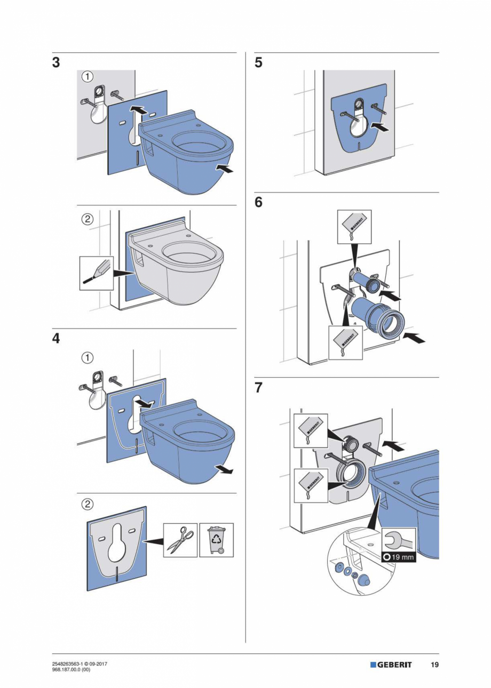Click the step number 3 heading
click(x=56, y=63)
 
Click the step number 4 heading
click(x=56, y=339)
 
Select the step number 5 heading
click(x=258, y=63)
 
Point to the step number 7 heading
click(x=258, y=388)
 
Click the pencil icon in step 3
click(x=96, y=273)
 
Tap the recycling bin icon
click(x=216, y=540)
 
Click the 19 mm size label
click(x=399, y=557)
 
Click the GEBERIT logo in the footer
click(x=391, y=665)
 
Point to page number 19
click(x=434, y=665)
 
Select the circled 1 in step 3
click(x=88, y=76)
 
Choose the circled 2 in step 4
click(x=88, y=503)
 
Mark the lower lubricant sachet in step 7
click(x=311, y=485)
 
